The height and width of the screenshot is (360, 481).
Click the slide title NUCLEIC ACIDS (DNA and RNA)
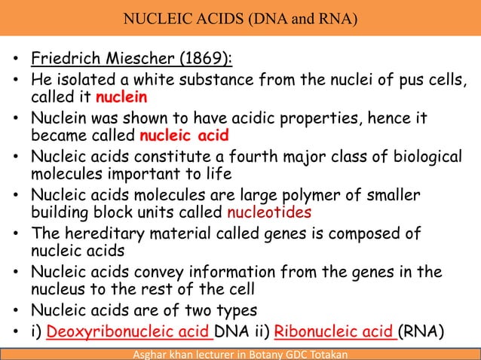[240, 16]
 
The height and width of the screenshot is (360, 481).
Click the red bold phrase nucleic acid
[184, 136]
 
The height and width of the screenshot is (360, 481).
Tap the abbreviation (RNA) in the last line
[422, 332]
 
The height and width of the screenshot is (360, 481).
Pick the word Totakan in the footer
[325, 354]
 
